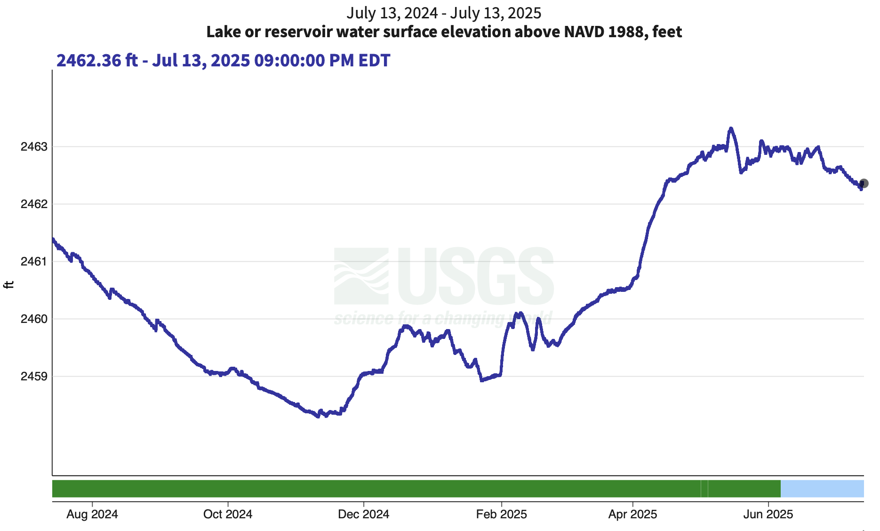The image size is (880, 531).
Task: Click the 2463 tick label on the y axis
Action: click(x=34, y=147)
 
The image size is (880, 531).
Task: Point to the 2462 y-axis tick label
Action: click(x=34, y=204)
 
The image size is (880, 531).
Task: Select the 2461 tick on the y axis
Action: click(x=34, y=262)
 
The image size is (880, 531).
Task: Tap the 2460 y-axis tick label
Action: click(x=34, y=319)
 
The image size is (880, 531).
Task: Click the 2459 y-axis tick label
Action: click(x=34, y=377)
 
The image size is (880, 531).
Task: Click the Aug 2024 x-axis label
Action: click(x=92, y=514)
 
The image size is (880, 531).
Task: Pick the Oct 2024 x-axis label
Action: click(x=228, y=514)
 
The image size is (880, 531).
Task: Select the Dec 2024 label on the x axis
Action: click(x=363, y=514)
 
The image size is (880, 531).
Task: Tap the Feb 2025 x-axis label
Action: click(x=501, y=514)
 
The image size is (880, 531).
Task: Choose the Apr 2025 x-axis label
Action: click(x=632, y=514)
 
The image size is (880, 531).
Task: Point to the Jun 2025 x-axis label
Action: click(x=768, y=514)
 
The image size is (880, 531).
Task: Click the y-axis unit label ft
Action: click(x=9, y=285)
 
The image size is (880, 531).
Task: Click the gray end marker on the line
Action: click(x=864, y=184)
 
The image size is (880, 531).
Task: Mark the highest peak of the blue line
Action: click(x=731, y=128)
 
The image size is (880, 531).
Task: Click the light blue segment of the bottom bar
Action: click(x=822, y=489)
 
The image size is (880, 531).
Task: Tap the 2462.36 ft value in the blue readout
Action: click(x=97, y=61)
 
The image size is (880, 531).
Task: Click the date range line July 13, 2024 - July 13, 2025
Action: click(x=444, y=13)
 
